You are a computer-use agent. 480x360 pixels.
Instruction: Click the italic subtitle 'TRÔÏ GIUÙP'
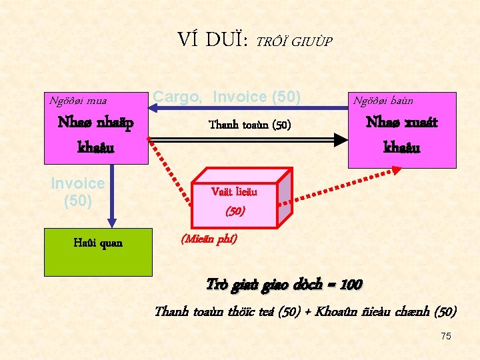[x=294, y=41]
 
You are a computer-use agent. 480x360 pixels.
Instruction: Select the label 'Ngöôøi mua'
[x=78, y=101]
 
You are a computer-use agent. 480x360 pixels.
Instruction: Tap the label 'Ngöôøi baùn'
[x=383, y=101]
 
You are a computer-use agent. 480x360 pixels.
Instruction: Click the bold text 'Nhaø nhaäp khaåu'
[x=96, y=134]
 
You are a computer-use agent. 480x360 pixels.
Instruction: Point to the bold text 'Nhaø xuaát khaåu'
[x=402, y=134]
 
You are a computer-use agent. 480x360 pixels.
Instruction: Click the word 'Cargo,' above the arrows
[x=177, y=97]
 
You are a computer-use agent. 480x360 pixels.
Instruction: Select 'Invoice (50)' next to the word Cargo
[x=257, y=97]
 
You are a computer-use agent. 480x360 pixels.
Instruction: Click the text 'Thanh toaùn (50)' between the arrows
[x=250, y=125]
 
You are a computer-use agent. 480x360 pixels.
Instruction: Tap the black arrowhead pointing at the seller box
[x=341, y=140]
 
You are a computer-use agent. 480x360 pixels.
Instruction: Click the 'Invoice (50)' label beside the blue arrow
[x=77, y=191]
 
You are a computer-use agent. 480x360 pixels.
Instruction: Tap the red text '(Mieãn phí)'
[x=209, y=239]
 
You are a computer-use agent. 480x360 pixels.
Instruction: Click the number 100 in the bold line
[x=351, y=285]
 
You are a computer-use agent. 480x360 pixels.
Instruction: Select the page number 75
[x=445, y=336]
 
